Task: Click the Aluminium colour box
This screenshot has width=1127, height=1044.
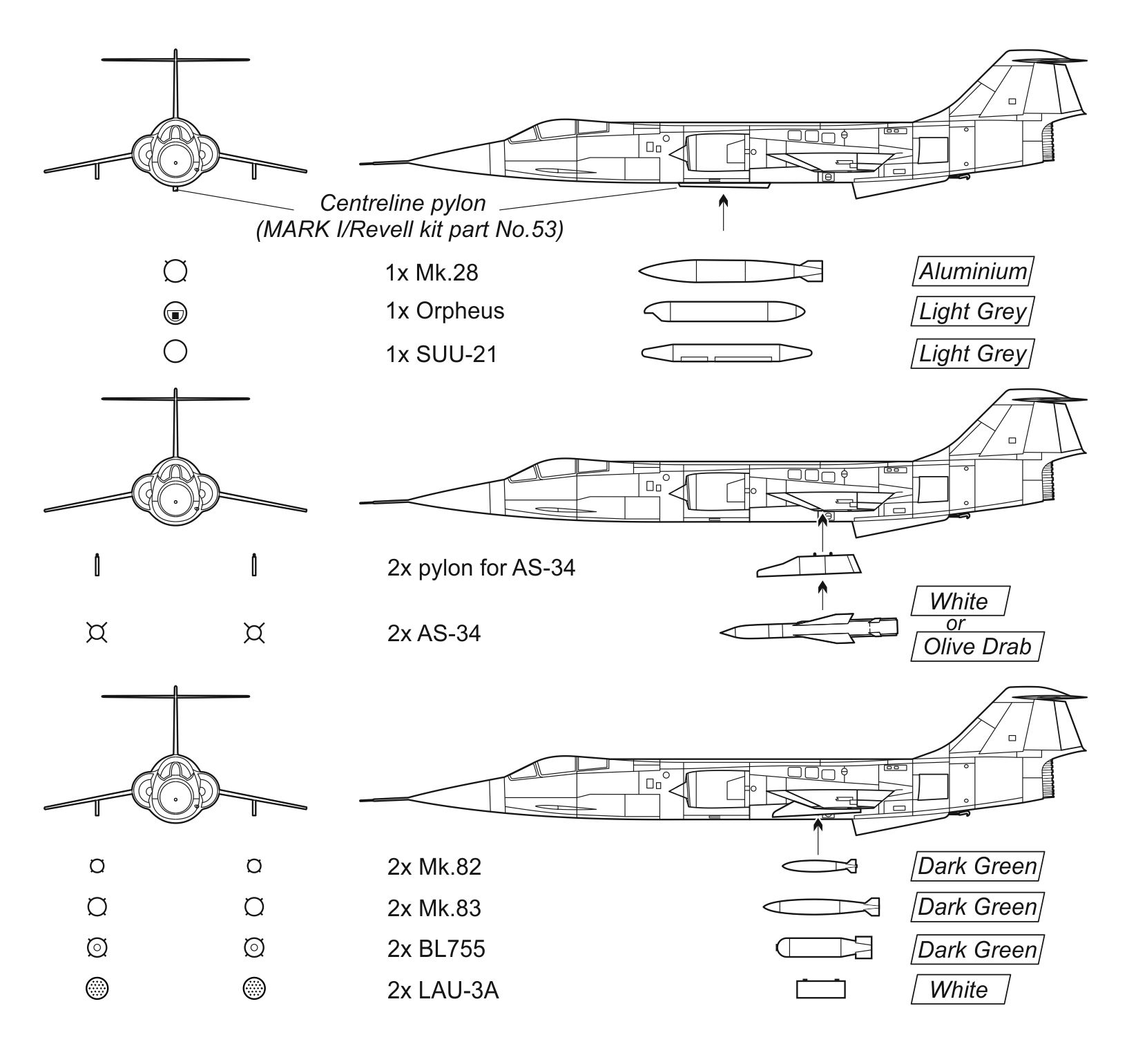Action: point(973,271)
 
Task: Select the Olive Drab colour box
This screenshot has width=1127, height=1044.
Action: point(976,647)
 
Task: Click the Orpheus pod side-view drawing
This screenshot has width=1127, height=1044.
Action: point(724,312)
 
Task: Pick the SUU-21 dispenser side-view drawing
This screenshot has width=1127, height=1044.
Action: point(726,353)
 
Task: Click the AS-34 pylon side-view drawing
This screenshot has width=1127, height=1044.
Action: point(809,565)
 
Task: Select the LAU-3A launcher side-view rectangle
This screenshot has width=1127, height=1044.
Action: point(820,989)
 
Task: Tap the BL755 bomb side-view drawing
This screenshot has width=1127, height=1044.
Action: point(824,948)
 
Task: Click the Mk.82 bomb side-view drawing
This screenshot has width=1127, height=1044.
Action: point(820,866)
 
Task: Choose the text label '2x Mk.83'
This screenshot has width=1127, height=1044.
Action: point(434,908)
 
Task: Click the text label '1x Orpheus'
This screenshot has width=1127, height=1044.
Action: point(445,312)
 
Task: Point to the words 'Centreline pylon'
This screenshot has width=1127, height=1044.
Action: point(403,203)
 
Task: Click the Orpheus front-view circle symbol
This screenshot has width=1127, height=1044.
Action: point(175,314)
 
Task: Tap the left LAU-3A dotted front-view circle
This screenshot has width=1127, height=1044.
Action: point(97,989)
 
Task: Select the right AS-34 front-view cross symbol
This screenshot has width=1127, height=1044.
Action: point(254,633)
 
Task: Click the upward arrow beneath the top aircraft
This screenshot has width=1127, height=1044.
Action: point(723,213)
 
